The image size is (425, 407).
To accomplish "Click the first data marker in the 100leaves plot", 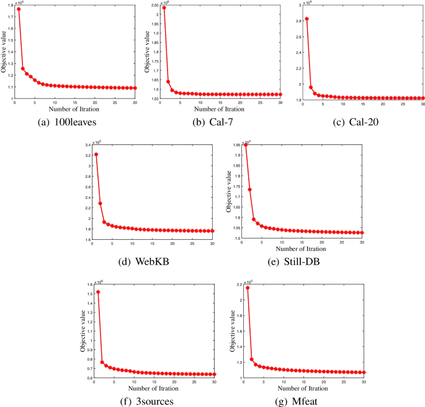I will [19, 9].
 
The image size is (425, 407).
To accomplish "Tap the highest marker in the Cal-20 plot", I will [306, 19].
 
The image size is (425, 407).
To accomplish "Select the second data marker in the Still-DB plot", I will [249, 190].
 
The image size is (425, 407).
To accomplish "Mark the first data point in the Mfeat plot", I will [248, 288].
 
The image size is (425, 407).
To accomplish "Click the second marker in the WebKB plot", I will [100, 204].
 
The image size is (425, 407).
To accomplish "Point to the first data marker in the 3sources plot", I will [98, 292].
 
